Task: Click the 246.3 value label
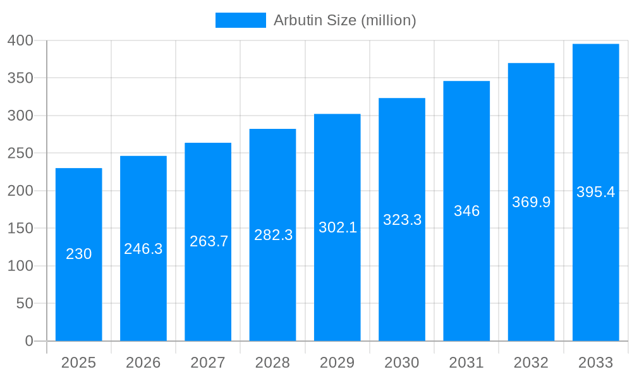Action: point(143,249)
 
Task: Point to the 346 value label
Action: point(467,211)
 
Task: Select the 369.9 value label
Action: point(532,202)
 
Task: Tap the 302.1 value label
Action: point(337,227)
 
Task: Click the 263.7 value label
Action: point(209,241)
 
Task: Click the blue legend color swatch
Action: point(240,20)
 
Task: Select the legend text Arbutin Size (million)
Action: point(344,20)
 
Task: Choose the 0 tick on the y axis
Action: point(28,341)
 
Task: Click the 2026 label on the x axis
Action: point(143,363)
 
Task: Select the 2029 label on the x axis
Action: point(337,363)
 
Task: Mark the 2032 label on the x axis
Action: point(532,363)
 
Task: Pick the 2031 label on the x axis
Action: point(466,363)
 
